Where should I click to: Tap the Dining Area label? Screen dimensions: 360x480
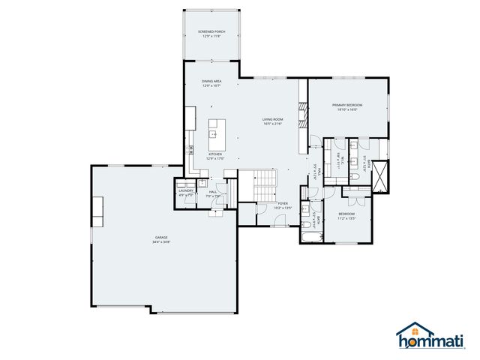pos(211,80)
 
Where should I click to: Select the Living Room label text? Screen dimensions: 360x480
pos(271,118)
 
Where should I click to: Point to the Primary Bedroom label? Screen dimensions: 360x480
pos(347,104)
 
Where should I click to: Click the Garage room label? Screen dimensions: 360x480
pos(162,237)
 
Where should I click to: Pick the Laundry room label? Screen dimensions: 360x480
pos(186,190)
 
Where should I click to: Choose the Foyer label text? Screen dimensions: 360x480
pos(283,203)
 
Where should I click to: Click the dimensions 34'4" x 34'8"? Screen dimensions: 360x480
pos(162,242)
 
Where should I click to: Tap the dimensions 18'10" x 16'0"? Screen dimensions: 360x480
pos(347,109)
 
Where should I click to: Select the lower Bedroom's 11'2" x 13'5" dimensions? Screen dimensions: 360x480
pos(346,219)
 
